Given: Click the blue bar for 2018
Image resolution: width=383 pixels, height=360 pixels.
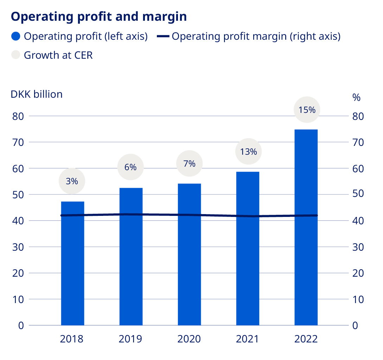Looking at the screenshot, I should pyautogui.click(x=72, y=264).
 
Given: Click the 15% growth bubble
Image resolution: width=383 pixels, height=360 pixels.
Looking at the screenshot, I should pyautogui.click(x=307, y=110).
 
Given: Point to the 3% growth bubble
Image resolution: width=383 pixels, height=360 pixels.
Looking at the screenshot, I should pyautogui.click(x=72, y=181).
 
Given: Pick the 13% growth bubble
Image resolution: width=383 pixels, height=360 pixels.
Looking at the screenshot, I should pyautogui.click(x=248, y=152).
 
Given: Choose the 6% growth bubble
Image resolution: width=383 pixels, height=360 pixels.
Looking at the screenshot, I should pyautogui.click(x=130, y=167).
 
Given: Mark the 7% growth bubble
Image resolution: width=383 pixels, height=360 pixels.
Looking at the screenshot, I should pyautogui.click(x=189, y=163).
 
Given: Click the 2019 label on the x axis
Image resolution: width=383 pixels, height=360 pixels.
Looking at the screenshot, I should pyautogui.click(x=130, y=339).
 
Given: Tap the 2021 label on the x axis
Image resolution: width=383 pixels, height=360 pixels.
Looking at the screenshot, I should pyautogui.click(x=247, y=339).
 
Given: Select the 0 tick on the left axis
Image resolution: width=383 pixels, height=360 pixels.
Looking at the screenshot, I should pyautogui.click(x=21, y=326).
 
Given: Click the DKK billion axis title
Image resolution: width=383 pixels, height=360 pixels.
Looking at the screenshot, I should pyautogui.click(x=37, y=94).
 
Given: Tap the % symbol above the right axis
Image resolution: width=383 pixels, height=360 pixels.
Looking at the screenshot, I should pyautogui.click(x=356, y=98).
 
